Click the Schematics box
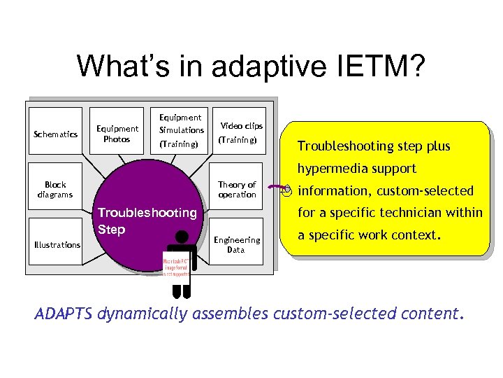[x=55, y=134]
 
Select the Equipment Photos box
[x=117, y=134]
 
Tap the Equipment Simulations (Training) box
[x=181, y=131]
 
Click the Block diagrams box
[x=54, y=190]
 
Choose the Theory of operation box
[x=237, y=190]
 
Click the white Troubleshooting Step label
[x=147, y=220]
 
